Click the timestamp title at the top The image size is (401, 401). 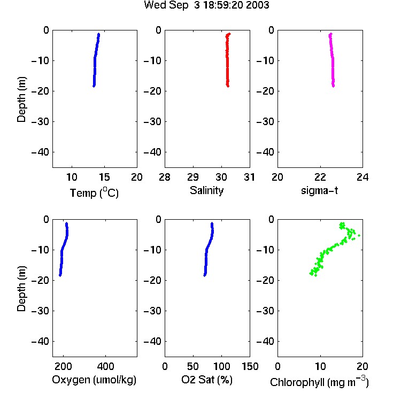point(206,5)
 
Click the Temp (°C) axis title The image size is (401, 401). point(94,192)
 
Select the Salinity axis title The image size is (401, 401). point(206,191)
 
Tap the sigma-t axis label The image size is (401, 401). point(319,190)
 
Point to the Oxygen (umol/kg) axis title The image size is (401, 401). point(94,380)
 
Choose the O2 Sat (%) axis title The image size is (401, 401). point(207,380)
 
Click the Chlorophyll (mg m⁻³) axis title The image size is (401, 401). point(319,382)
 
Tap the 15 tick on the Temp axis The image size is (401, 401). point(104,177)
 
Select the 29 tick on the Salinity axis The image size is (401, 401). point(193,177)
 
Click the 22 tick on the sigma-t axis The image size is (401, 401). point(320,177)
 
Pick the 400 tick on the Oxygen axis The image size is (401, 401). point(106,366)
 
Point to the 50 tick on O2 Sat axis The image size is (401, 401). point(193,366)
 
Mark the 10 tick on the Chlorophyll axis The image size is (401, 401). point(320,366)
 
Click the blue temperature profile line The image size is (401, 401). point(95,60)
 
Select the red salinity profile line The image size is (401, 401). point(227,60)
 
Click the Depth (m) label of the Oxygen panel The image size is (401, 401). point(21,289)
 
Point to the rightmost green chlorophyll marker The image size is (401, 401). point(359,235)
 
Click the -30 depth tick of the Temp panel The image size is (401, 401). point(41,122)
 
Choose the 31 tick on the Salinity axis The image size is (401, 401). point(249,177)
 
